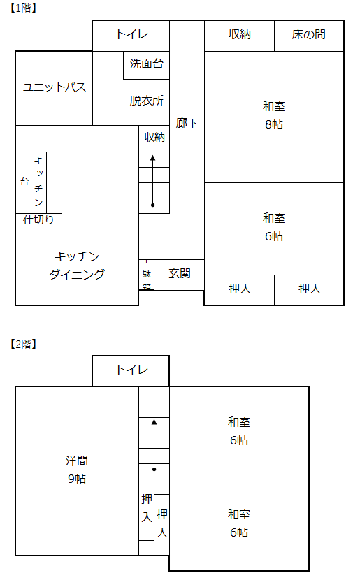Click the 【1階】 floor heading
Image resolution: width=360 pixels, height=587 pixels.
(23, 8)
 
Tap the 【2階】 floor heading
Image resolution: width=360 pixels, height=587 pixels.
(23, 344)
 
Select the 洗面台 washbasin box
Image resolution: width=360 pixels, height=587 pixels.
(147, 65)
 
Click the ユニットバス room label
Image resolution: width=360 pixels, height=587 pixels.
(55, 87)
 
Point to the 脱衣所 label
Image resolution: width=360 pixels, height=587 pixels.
(147, 101)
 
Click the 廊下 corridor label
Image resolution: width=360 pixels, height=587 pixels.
(187, 123)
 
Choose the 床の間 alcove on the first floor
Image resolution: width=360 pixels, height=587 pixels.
(309, 36)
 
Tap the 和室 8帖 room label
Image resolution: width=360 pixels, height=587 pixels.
(274, 115)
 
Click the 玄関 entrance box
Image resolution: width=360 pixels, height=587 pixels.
(180, 275)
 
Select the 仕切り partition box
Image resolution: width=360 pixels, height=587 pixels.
(38, 221)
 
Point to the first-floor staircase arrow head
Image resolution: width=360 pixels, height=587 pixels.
(153, 158)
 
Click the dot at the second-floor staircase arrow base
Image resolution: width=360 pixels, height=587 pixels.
(154, 469)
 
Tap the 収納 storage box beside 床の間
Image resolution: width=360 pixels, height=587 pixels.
(239, 36)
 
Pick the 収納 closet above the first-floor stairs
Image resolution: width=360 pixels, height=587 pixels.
(154, 138)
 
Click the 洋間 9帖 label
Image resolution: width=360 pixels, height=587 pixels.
(77, 470)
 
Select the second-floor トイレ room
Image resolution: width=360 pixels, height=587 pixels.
(131, 370)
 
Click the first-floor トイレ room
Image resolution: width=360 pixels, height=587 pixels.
(131, 36)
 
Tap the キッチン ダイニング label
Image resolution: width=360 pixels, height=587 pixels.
(77, 265)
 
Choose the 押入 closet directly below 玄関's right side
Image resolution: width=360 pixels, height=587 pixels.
(239, 290)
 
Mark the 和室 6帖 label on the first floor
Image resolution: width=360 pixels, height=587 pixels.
(274, 227)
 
